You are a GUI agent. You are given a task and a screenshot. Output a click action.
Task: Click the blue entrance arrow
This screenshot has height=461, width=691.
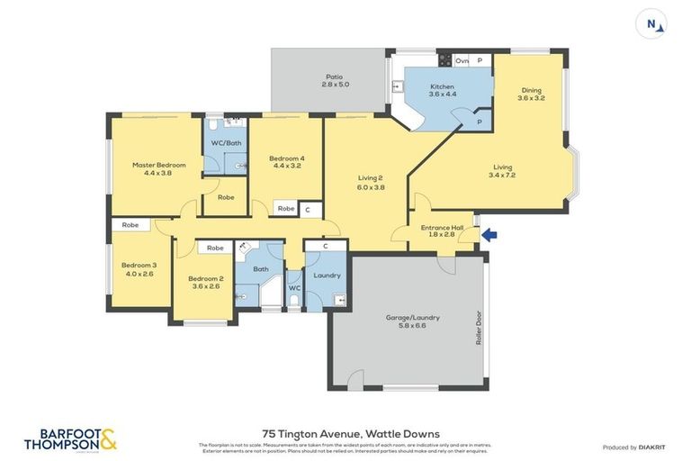(489, 236)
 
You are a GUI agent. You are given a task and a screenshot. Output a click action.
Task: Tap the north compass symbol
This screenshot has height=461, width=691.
(651, 23)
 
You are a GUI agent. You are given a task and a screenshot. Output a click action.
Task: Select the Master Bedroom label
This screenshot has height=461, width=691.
(158, 168)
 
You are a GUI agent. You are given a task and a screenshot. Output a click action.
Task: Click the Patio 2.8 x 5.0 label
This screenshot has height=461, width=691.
(335, 80)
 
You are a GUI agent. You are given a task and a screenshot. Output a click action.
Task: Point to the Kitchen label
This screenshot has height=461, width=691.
(442, 90)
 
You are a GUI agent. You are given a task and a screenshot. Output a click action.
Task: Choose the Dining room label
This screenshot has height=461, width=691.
(531, 94)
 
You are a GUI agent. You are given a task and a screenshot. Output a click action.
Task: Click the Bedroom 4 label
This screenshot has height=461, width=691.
(286, 162)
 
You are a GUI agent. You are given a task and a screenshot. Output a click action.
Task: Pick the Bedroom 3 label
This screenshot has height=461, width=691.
(139, 269)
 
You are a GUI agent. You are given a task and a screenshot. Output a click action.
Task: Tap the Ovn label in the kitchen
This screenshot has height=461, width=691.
(462, 60)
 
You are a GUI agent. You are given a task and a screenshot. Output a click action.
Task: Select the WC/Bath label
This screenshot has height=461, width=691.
(226, 143)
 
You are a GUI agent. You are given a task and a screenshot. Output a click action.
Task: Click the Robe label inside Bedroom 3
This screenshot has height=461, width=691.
(130, 225)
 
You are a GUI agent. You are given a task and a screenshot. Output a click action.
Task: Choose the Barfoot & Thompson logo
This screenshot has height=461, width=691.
(71, 439)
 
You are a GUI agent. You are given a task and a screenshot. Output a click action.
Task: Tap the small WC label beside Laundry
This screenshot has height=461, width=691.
(293, 288)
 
